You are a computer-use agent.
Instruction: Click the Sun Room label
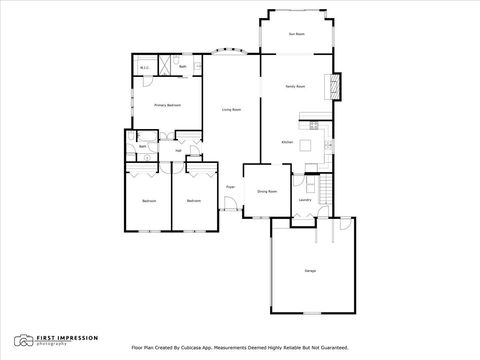tap(296, 35)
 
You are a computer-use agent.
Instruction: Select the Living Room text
tap(231, 110)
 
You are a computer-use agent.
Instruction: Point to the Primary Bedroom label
tap(166, 104)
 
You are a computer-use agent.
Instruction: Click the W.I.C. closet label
tap(144, 69)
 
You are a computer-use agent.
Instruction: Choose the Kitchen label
tap(287, 142)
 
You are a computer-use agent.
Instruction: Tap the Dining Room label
tap(266, 191)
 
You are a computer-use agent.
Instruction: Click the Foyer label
tap(230, 187)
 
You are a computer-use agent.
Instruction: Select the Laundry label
tap(305, 199)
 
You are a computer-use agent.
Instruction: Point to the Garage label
tap(311, 271)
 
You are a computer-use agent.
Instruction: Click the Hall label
tap(178, 151)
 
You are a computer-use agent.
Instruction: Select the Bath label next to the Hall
tap(143, 147)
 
